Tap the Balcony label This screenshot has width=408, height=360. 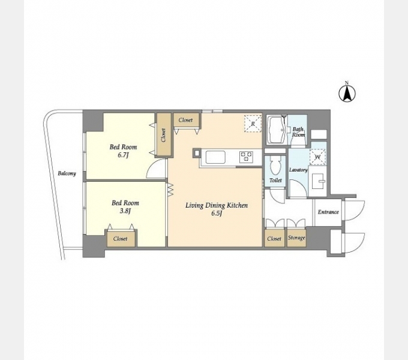point(67,173)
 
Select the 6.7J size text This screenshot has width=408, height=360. point(124,155)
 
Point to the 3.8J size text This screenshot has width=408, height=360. point(125,211)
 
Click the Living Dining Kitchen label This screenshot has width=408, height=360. point(217,205)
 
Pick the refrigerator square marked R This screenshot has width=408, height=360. point(253,124)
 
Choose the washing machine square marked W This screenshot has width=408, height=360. point(318,157)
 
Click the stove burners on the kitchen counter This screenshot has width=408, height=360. point(245,157)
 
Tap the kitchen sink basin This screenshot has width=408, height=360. point(215,157)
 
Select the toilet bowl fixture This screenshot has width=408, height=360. point(275,166)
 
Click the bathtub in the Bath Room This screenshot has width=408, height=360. point(277,130)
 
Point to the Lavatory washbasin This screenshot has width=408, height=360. point(317,181)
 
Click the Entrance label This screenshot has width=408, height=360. point(328,212)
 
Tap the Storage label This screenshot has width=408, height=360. point(296,238)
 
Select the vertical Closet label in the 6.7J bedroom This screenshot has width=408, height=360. point(163,135)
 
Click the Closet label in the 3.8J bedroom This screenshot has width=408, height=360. point(120,239)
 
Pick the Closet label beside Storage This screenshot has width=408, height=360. point(274,239)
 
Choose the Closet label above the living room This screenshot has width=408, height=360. point(185,120)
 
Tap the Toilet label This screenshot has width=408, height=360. point(275,180)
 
